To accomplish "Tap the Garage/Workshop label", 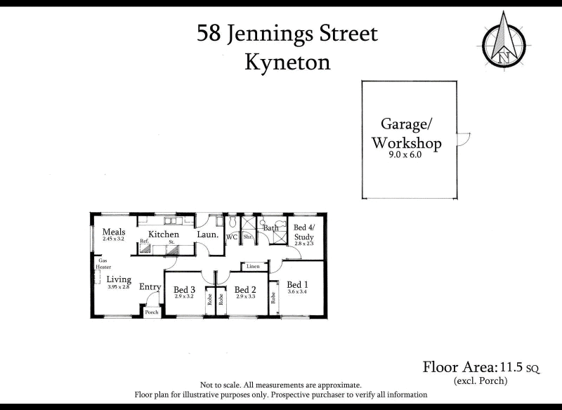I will pos(406,134).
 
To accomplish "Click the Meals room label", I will pos(114,232).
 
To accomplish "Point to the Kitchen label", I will pos(163,234).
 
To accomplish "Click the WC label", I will pos(231,237).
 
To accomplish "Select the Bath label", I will pos(270,227).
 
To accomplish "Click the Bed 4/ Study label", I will pos(304,232).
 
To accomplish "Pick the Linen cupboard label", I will pos(254,266).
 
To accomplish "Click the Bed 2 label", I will pos(244,289).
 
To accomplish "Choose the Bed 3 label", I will pos(184,289).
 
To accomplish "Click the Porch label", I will pos(152,312).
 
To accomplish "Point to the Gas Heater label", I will pos(104,263).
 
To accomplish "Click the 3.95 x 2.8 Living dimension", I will pos(119,286).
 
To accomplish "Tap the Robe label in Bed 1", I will pos(273,298).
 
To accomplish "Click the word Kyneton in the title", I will pos(287,62).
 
